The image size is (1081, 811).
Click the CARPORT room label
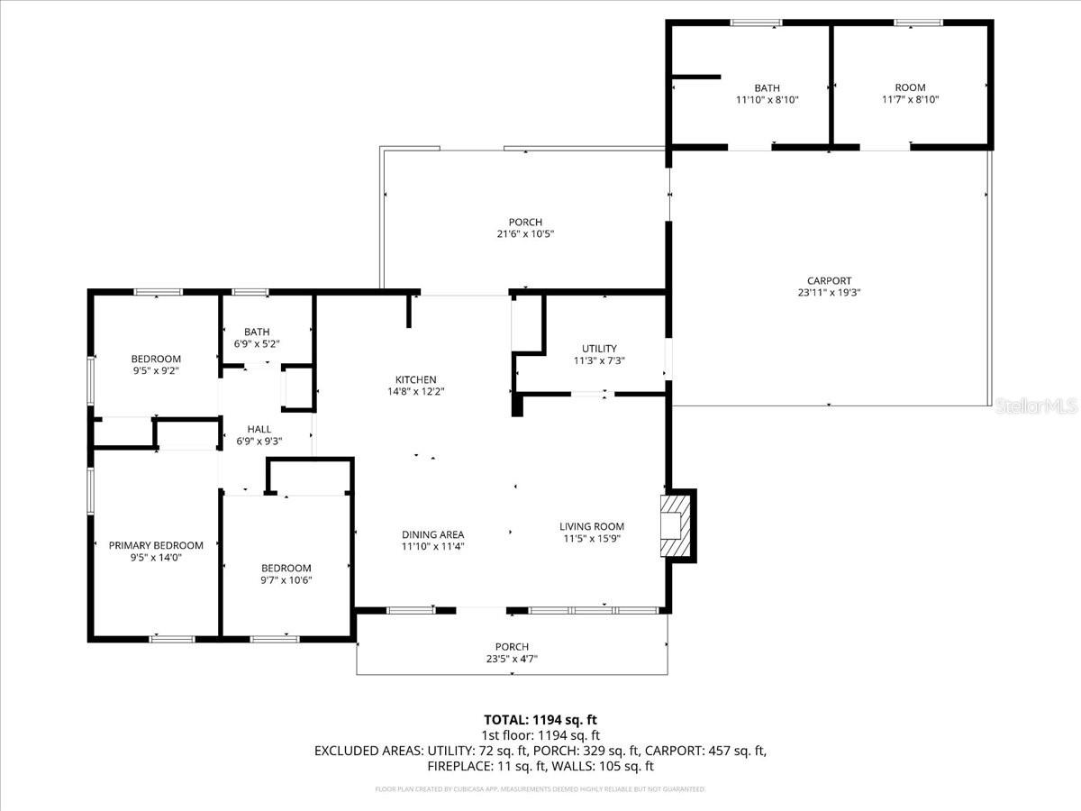[x=829, y=280]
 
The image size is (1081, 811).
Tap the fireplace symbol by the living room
[x=672, y=525]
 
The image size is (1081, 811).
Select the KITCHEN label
[x=415, y=379]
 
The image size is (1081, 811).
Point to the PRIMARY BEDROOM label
[x=156, y=545]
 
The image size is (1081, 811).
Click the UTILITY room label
[x=599, y=349]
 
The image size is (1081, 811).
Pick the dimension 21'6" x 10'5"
[x=524, y=234]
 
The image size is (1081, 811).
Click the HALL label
[x=252, y=429]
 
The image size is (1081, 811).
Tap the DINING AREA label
[x=432, y=534]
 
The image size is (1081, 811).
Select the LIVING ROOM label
[x=591, y=527]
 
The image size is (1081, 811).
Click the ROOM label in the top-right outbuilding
[x=910, y=87]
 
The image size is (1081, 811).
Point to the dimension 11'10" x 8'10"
[x=767, y=100]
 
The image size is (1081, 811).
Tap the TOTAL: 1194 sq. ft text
[x=540, y=719]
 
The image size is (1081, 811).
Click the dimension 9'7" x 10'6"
[x=286, y=580]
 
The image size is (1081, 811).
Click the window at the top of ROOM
[x=918, y=23]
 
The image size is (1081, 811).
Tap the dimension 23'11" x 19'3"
[x=829, y=292]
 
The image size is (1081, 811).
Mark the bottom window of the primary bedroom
[x=172, y=639]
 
